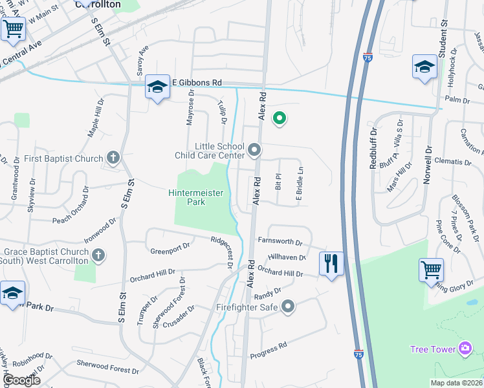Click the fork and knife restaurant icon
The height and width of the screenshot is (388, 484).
click(331, 263)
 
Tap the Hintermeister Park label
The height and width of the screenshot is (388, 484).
click(195, 197)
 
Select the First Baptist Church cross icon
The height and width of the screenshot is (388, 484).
click(113, 158)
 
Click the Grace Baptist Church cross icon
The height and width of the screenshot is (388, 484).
click(98, 256)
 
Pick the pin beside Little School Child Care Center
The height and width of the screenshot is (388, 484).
click(254, 151)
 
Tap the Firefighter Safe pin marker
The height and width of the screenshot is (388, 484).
click(288, 306)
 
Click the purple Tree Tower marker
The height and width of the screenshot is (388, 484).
click(465, 349)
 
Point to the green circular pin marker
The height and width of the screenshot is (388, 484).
click(280, 118)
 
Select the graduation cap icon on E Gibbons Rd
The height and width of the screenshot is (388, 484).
click(157, 87)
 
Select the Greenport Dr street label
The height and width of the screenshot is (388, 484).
click(170, 246)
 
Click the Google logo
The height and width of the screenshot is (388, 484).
click(21, 380)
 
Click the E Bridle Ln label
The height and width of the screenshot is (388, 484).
click(300, 184)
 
